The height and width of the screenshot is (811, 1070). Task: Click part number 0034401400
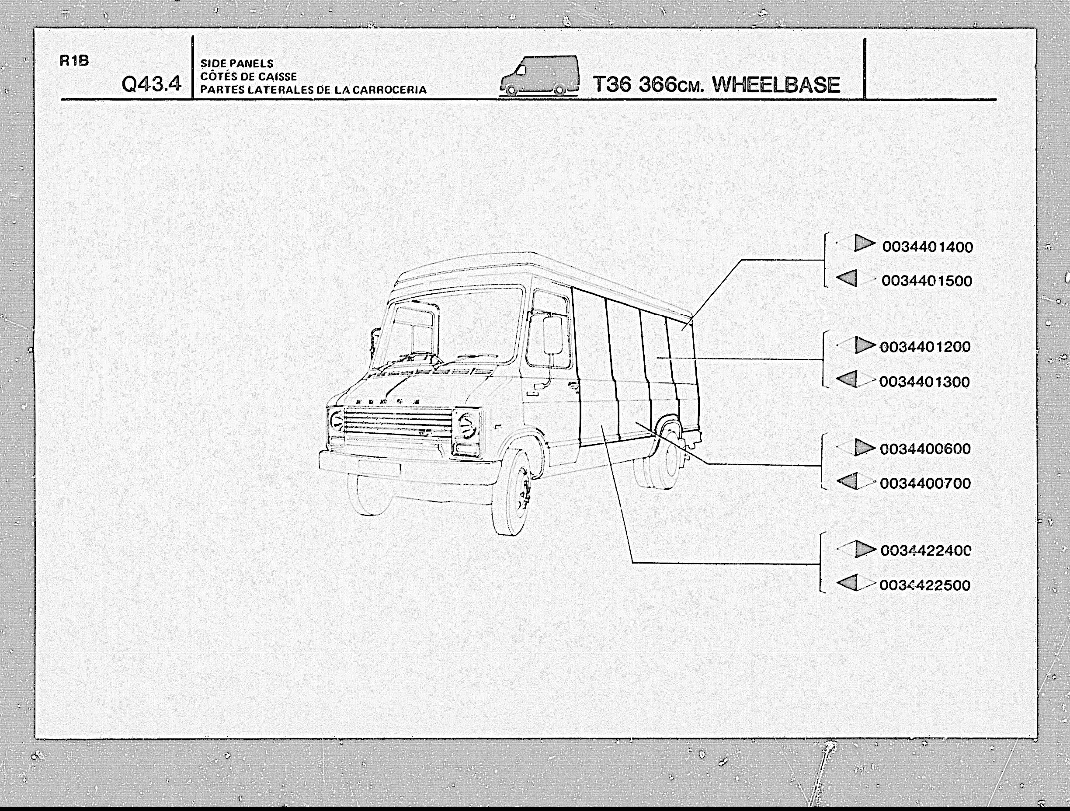point(928,247)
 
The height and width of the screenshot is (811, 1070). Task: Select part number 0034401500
point(927,281)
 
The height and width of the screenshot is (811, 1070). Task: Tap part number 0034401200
point(925,346)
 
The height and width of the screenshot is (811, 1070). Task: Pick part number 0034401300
point(924,382)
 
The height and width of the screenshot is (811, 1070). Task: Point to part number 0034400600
point(925,449)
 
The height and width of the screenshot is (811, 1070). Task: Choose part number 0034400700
point(925,483)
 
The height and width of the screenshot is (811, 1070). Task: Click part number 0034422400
point(926,550)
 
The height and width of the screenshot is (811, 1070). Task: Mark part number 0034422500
point(925,585)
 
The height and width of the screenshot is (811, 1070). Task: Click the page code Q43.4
point(151,84)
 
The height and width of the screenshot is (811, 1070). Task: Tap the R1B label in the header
point(74,61)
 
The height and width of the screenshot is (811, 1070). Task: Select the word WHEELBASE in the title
point(776,85)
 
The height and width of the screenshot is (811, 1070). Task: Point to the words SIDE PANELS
point(237,63)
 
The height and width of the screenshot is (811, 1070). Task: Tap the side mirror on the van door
point(554,335)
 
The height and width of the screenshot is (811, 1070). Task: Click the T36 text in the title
point(612,85)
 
